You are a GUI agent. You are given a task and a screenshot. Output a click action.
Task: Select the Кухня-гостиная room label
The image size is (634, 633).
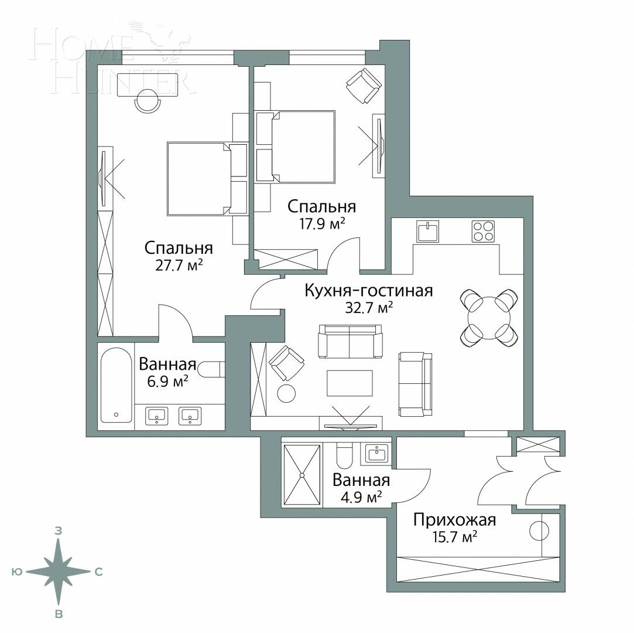click(369, 291)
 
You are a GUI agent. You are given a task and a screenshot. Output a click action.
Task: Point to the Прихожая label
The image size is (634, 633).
click(454, 520)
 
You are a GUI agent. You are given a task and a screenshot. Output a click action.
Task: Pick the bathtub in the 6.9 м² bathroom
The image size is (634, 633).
click(116, 385)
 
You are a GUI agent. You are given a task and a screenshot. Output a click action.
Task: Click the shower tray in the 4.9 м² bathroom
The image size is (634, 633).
click(302, 474)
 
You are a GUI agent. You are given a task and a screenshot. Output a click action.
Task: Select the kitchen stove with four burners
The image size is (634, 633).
click(483, 231)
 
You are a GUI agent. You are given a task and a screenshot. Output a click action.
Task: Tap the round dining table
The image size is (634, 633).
click(489, 317)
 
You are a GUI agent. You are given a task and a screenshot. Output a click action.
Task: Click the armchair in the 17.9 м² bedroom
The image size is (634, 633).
click(364, 85)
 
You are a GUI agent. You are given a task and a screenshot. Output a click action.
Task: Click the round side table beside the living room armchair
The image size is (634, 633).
click(286, 393)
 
